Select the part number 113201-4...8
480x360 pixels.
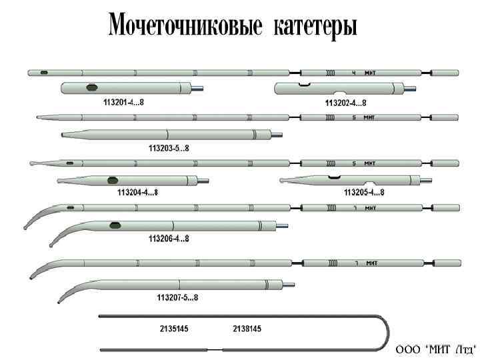tap(124, 103)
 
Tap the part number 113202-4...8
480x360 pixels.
tap(346, 103)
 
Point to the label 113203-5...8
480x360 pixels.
tap(169, 147)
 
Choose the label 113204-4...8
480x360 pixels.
tap(137, 193)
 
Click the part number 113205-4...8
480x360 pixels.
tap(364, 193)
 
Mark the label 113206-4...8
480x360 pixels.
tap(169, 239)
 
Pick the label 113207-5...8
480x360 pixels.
tap(177, 297)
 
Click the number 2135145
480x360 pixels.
tap(174, 329)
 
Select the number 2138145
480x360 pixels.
tap(247, 329)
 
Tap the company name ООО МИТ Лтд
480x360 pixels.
tap(435, 349)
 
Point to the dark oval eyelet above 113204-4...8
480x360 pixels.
tap(113, 179)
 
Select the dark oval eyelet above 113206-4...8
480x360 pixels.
tap(115, 225)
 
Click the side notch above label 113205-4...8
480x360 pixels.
tap(334, 177)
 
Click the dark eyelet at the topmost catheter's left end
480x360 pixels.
tap(44, 72)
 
